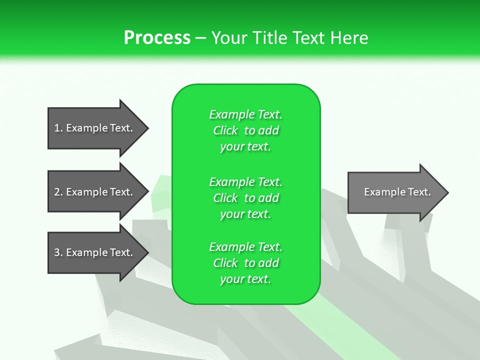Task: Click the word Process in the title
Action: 157,38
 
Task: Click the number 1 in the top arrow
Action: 57,128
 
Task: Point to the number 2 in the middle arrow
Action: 57,192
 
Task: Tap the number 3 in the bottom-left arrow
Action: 57,252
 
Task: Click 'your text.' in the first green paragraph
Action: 245,147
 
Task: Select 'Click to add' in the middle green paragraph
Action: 245,198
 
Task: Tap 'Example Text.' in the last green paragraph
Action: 245,247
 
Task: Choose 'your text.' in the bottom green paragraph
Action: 245,279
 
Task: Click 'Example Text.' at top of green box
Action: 245,114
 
